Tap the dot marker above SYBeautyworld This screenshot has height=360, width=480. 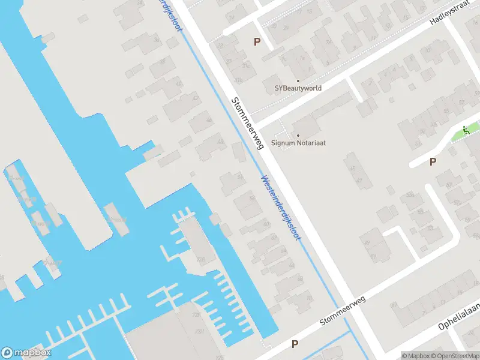pos(297,80)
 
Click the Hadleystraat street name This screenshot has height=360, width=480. pos(449,13)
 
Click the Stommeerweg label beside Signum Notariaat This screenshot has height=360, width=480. pos(248,124)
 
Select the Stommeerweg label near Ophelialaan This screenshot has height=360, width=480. pos(343,310)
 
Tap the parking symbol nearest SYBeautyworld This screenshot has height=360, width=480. pos(257,41)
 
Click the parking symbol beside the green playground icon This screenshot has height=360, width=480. pos(433,161)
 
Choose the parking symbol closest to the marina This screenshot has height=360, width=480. pos(295,344)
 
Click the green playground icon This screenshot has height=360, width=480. pos(465,130)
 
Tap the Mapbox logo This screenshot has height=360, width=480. pos(26,353)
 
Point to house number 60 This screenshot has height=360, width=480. pos(266,225)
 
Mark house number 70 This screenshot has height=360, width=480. pos(200,260)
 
